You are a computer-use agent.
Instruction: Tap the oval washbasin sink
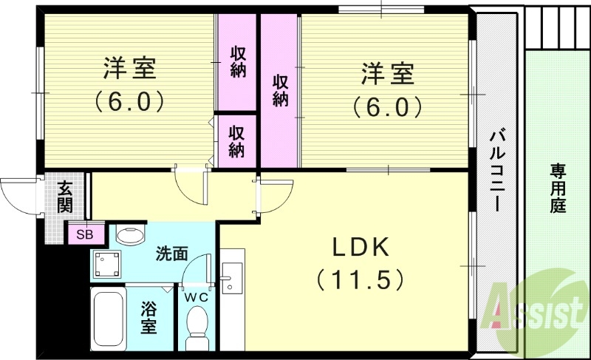[x=131, y=236]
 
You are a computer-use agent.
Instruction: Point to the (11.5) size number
[x=360, y=280]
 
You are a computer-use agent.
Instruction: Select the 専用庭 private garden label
[x=557, y=189]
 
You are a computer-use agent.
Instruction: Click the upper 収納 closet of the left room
[x=237, y=63]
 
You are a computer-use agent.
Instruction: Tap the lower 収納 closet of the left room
[x=236, y=140]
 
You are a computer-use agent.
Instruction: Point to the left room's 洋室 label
[x=129, y=70]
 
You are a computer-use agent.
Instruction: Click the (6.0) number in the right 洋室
[x=387, y=107]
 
